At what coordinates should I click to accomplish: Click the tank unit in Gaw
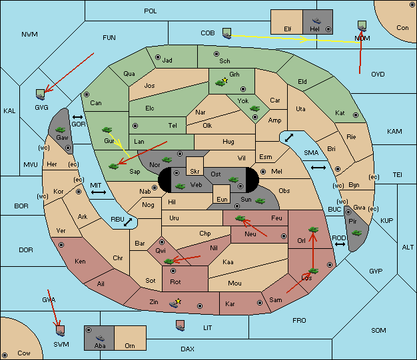pyautogui.click(x=61, y=130)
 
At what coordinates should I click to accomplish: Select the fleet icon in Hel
pyautogui.click(x=316, y=21)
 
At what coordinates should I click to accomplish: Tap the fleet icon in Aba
pyautogui.click(x=100, y=338)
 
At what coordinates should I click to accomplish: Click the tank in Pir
pyautogui.click(x=356, y=233)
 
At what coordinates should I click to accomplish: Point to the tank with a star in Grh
pyautogui.click(x=221, y=83)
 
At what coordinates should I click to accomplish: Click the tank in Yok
pyautogui.click(x=254, y=108)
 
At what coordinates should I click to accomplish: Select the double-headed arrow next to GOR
pyautogui.click(x=78, y=117)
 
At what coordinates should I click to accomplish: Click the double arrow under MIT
pyautogui.click(x=99, y=192)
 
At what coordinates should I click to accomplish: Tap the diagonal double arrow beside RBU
pyautogui.click(x=128, y=222)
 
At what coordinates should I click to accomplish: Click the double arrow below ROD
pyautogui.click(x=340, y=244)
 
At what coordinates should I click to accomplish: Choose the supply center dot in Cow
pyautogui.click(x=5, y=355)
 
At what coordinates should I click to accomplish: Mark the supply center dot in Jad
pyautogui.click(x=158, y=57)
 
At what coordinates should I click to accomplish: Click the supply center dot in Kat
pyautogui.click(x=356, y=115)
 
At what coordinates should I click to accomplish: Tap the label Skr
pyautogui.click(x=195, y=172)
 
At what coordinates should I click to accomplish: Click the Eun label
pyautogui.click(x=222, y=199)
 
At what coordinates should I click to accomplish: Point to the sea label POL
pyautogui.click(x=151, y=11)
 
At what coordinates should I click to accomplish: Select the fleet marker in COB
pyautogui.click(x=227, y=33)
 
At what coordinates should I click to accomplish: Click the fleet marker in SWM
pyautogui.click(x=61, y=331)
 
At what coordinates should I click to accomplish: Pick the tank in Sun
pyautogui.click(x=260, y=201)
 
